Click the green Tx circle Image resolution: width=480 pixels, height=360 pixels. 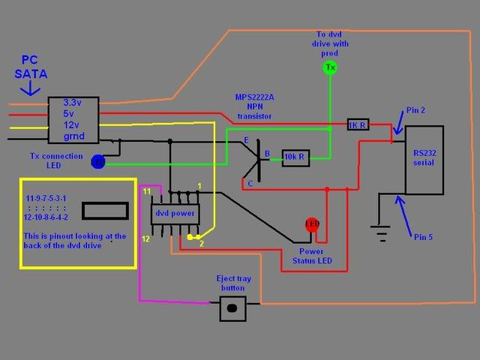[x=329, y=68]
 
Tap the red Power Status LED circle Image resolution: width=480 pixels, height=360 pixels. [x=312, y=224]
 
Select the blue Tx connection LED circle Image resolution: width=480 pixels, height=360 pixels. [x=97, y=160]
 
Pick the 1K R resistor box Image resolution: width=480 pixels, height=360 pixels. [x=358, y=124]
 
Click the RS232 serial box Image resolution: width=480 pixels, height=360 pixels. [x=424, y=160]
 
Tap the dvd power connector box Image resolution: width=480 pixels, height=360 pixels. [x=174, y=214]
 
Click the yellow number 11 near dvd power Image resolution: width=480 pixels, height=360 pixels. [x=147, y=192]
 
